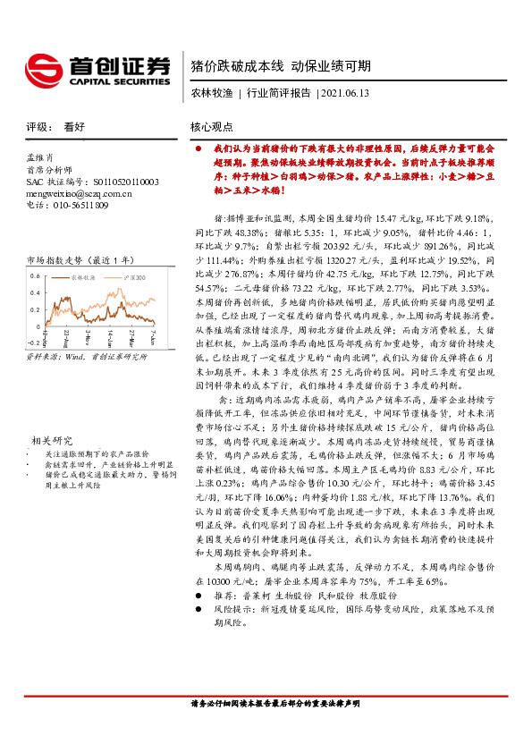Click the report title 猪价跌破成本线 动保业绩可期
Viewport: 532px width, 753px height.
pyautogui.click(x=281, y=65)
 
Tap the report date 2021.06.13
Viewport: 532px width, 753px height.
pyautogui.click(x=343, y=93)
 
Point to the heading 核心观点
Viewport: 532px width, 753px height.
pyautogui.click(x=212, y=127)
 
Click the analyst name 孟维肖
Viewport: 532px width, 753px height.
pyautogui.click(x=41, y=157)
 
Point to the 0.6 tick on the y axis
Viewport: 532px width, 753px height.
pyautogui.click(x=34, y=275)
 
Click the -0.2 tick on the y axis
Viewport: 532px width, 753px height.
pyautogui.click(x=32, y=342)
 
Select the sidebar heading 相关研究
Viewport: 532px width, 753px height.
pyautogui.click(x=52, y=465)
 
